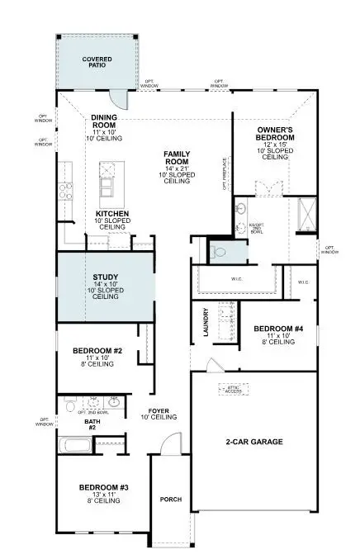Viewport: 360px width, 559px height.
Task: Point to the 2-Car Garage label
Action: point(254,443)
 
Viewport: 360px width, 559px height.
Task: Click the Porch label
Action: point(171,499)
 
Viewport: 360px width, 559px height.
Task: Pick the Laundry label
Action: point(206,323)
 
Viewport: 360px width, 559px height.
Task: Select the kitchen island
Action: point(108,182)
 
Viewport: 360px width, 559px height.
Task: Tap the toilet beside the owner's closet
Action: point(217,251)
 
